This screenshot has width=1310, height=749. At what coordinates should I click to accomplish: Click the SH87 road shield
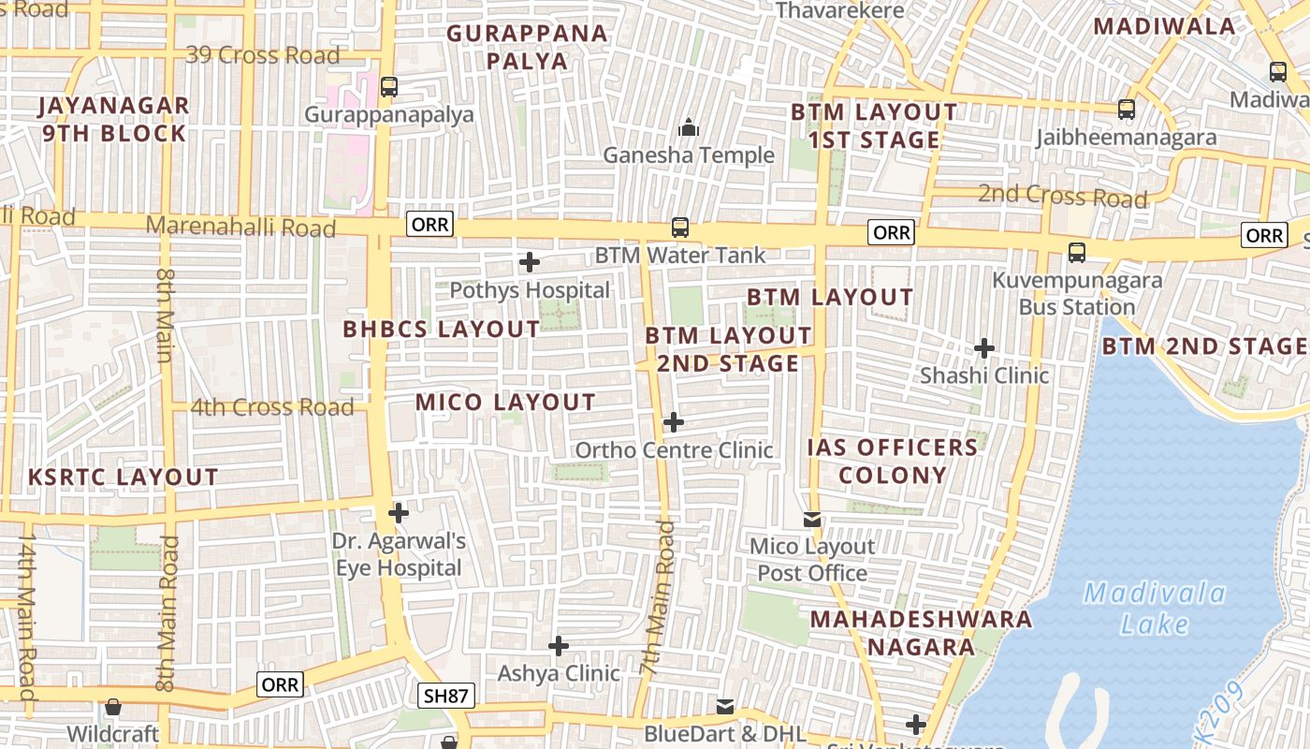[x=446, y=695]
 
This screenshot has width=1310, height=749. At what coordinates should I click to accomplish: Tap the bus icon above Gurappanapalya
[x=389, y=87]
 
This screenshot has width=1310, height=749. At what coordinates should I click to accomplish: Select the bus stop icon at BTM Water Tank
[x=680, y=228]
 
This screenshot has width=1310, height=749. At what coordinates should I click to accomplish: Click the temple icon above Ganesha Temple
[x=689, y=127]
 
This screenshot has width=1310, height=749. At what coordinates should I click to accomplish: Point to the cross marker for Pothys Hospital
[x=530, y=262]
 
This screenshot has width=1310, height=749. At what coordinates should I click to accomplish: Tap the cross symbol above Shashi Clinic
[x=983, y=348]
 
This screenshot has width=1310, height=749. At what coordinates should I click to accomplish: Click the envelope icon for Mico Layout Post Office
[x=812, y=519]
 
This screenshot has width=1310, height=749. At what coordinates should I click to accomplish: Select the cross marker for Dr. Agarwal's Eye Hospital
[x=399, y=513]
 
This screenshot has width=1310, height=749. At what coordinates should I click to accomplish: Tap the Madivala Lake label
[x=1154, y=608]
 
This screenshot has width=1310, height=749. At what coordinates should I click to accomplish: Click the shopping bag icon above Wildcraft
[x=113, y=707]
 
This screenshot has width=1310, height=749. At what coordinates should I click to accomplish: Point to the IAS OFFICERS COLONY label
[x=893, y=461]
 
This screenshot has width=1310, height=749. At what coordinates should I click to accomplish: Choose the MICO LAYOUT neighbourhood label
[x=505, y=403]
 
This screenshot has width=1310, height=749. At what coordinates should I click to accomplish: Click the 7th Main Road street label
[x=658, y=599]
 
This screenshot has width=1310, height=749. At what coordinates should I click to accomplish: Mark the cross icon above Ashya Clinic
[x=559, y=646]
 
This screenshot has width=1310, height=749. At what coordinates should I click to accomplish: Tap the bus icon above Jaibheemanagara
[x=1127, y=110]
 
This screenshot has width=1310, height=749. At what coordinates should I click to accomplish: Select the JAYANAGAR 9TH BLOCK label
[x=114, y=120]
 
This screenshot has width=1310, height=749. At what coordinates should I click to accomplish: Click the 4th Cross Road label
[x=272, y=407]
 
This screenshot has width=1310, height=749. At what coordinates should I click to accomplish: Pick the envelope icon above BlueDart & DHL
[x=725, y=706]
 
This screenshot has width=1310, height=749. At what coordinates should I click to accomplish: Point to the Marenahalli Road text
[x=240, y=227]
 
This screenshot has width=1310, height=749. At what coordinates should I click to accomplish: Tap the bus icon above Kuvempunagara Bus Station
[x=1077, y=253]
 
